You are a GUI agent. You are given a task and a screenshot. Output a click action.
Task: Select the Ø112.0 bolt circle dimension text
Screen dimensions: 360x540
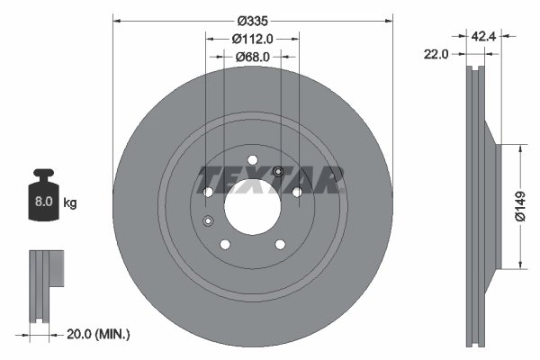pyautogui.click(x=253, y=39)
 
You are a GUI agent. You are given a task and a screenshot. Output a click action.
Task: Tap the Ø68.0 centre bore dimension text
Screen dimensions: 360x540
pyautogui.click(x=253, y=57)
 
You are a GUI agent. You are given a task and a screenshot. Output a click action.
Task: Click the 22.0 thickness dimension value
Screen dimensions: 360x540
pyautogui.click(x=436, y=54)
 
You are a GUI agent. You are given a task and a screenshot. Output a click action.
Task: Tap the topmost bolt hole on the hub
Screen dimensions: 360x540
pyautogui.click(x=253, y=161)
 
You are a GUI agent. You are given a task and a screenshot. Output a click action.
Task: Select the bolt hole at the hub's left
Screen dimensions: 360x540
pyautogui.click(x=209, y=192)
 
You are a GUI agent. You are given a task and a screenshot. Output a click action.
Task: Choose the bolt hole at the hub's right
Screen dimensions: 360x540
pyautogui.click(x=296, y=192)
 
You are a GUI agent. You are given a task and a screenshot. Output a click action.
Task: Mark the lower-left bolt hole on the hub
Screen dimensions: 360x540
pyautogui.click(x=226, y=244)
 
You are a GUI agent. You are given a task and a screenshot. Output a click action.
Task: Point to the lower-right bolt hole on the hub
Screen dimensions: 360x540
pyautogui.click(x=280, y=244)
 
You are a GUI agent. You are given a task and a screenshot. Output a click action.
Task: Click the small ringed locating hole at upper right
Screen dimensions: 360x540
pyautogui.click(x=278, y=173)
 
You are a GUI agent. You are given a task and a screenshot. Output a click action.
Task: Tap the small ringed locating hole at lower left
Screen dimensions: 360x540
pyautogui.click(x=209, y=221)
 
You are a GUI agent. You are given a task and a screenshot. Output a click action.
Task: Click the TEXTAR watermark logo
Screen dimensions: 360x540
pyautogui.click(x=270, y=180)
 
